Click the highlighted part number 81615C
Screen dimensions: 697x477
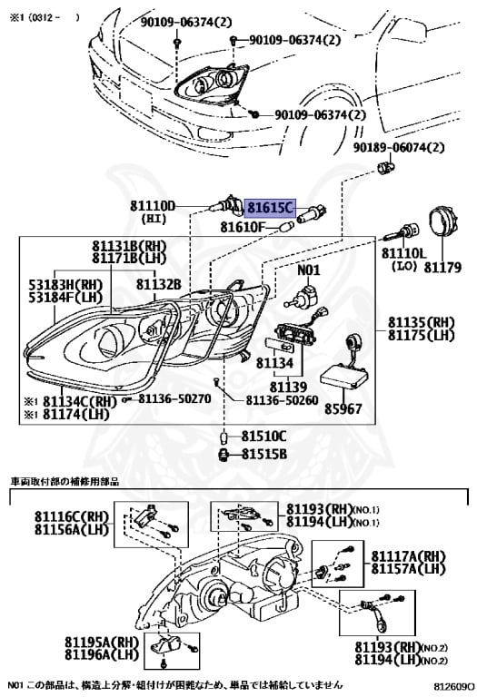271,207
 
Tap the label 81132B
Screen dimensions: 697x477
159,284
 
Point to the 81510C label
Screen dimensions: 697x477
263,436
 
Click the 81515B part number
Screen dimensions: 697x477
263,452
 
